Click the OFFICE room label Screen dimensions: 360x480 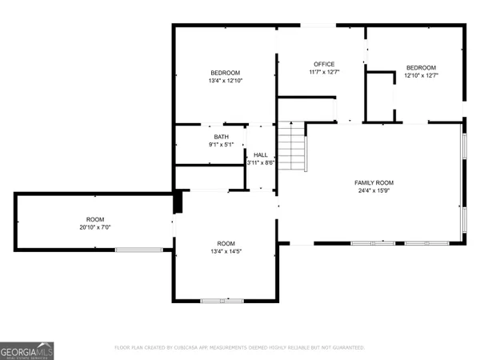(x=324, y=64)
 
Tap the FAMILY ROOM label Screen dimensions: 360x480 (x=374, y=182)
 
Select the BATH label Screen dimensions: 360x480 (x=220, y=137)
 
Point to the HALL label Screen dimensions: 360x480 (x=261, y=154)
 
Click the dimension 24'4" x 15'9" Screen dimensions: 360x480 (x=374, y=190)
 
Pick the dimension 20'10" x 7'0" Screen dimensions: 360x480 (x=95, y=227)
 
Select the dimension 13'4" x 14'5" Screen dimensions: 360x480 (x=226, y=251)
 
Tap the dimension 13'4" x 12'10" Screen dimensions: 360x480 (x=226, y=81)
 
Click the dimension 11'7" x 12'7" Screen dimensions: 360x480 (x=324, y=72)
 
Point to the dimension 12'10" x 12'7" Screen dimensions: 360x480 (x=421, y=75)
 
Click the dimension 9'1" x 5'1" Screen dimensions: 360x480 (x=220, y=145)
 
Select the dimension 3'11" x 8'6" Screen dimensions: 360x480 (x=261, y=162)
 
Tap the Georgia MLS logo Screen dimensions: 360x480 (x=28, y=350)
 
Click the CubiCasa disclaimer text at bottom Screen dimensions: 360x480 (x=239, y=348)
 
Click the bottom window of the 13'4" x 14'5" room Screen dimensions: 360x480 (x=222, y=300)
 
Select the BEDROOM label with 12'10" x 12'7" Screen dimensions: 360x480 (x=421, y=67)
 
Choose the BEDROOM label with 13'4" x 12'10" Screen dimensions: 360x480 (x=226, y=73)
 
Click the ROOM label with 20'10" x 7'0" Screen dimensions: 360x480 (x=95, y=219)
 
